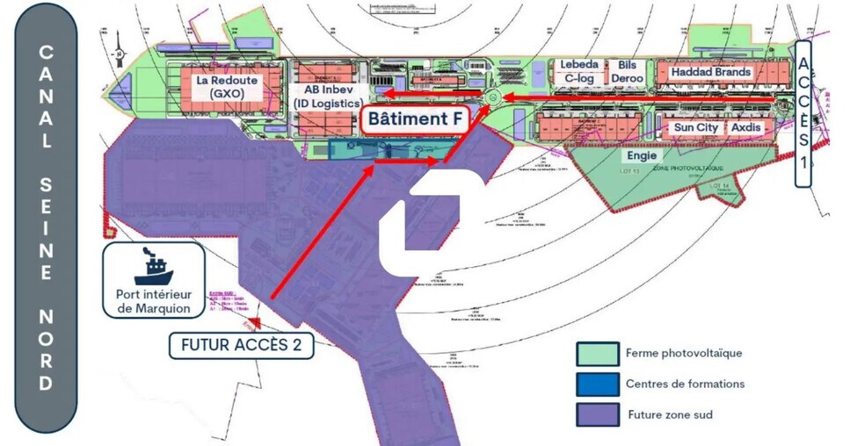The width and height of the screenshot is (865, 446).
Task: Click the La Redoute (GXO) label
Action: (226, 86)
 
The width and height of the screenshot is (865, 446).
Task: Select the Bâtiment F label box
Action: (414, 119)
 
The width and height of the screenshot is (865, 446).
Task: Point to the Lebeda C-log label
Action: (581, 71)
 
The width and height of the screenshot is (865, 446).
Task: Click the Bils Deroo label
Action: (627, 71)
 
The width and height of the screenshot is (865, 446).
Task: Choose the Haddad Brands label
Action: (710, 71)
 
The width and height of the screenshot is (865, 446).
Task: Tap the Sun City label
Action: (695, 127)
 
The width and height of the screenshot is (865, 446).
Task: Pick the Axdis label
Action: (746, 127)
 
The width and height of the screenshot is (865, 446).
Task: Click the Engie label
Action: (641, 155)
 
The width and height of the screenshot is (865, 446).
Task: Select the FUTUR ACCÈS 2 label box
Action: (241, 345)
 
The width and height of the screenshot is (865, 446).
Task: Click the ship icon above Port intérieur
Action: (153, 265)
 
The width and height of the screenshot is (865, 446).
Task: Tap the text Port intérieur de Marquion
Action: (153, 301)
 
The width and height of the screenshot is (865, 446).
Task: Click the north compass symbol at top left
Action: (118, 54)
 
